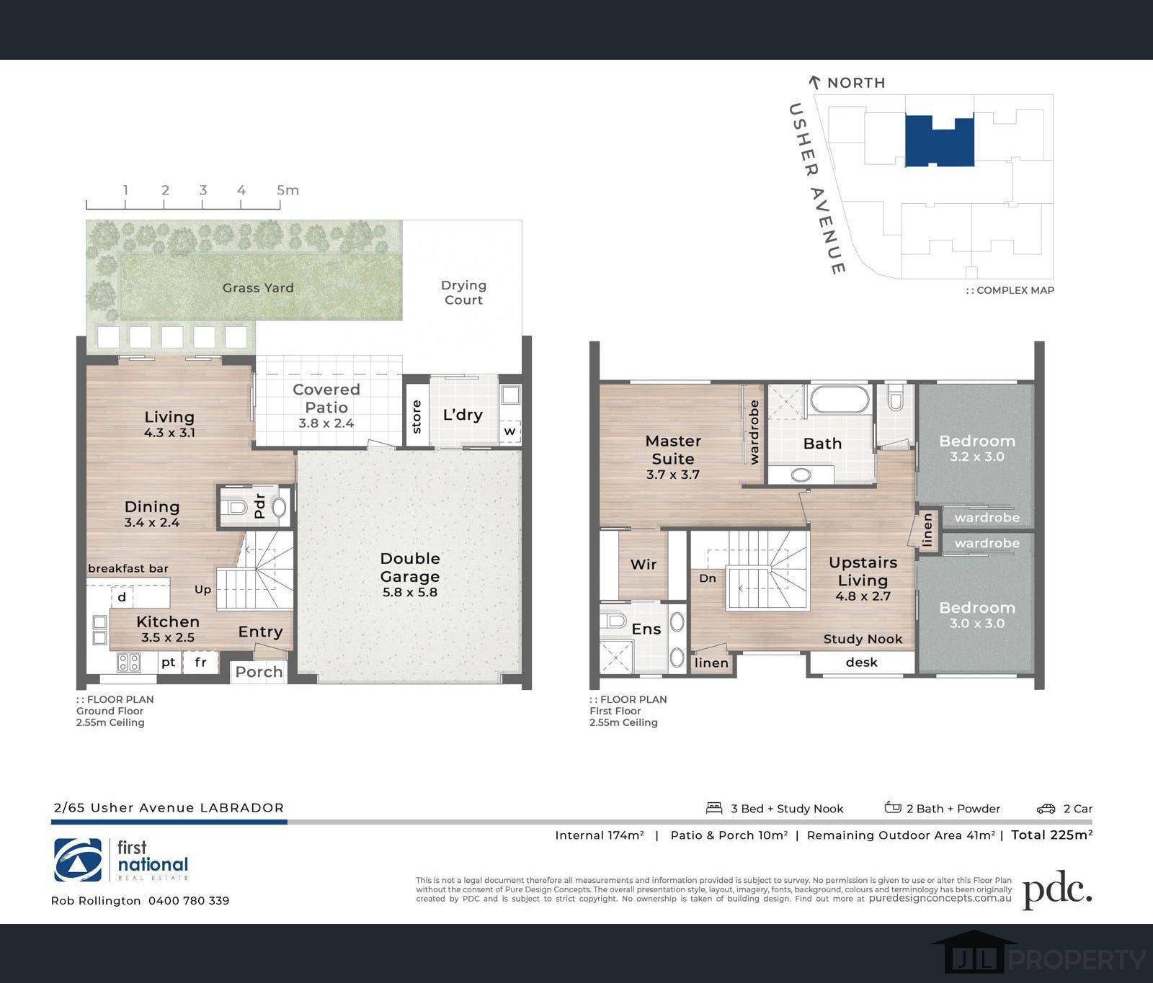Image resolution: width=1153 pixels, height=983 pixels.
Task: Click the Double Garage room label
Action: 410,575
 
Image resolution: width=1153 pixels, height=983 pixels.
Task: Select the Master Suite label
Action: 673,457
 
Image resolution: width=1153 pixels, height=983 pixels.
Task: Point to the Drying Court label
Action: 463,292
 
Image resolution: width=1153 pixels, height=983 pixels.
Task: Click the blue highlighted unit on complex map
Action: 940,142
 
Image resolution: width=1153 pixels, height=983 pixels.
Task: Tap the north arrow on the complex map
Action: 815,83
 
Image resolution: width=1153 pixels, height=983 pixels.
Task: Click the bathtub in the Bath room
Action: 840,400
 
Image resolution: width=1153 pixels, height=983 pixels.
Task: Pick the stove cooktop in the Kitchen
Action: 129,662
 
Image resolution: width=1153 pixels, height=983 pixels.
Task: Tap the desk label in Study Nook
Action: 862,662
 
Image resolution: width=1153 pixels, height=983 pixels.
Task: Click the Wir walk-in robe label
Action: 644,565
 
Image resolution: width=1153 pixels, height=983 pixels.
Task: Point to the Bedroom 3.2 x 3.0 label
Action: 977,447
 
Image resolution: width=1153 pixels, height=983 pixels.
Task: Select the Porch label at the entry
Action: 259,672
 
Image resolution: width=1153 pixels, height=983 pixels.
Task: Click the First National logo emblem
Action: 78,860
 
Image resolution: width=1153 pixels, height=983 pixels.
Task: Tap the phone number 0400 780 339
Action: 189,901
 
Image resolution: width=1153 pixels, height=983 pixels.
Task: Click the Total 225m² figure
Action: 1051,835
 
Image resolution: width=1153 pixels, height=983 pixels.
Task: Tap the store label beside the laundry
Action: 417,417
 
